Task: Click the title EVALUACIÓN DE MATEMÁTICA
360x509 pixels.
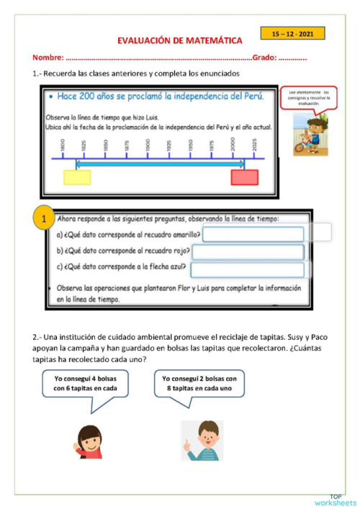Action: coord(179,41)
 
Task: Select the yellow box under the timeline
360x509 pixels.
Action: coord(77,177)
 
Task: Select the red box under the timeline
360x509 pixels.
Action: coord(244,177)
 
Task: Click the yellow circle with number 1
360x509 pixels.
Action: coord(43,218)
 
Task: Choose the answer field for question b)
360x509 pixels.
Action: coord(248,251)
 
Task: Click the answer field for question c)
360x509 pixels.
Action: coord(247,269)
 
